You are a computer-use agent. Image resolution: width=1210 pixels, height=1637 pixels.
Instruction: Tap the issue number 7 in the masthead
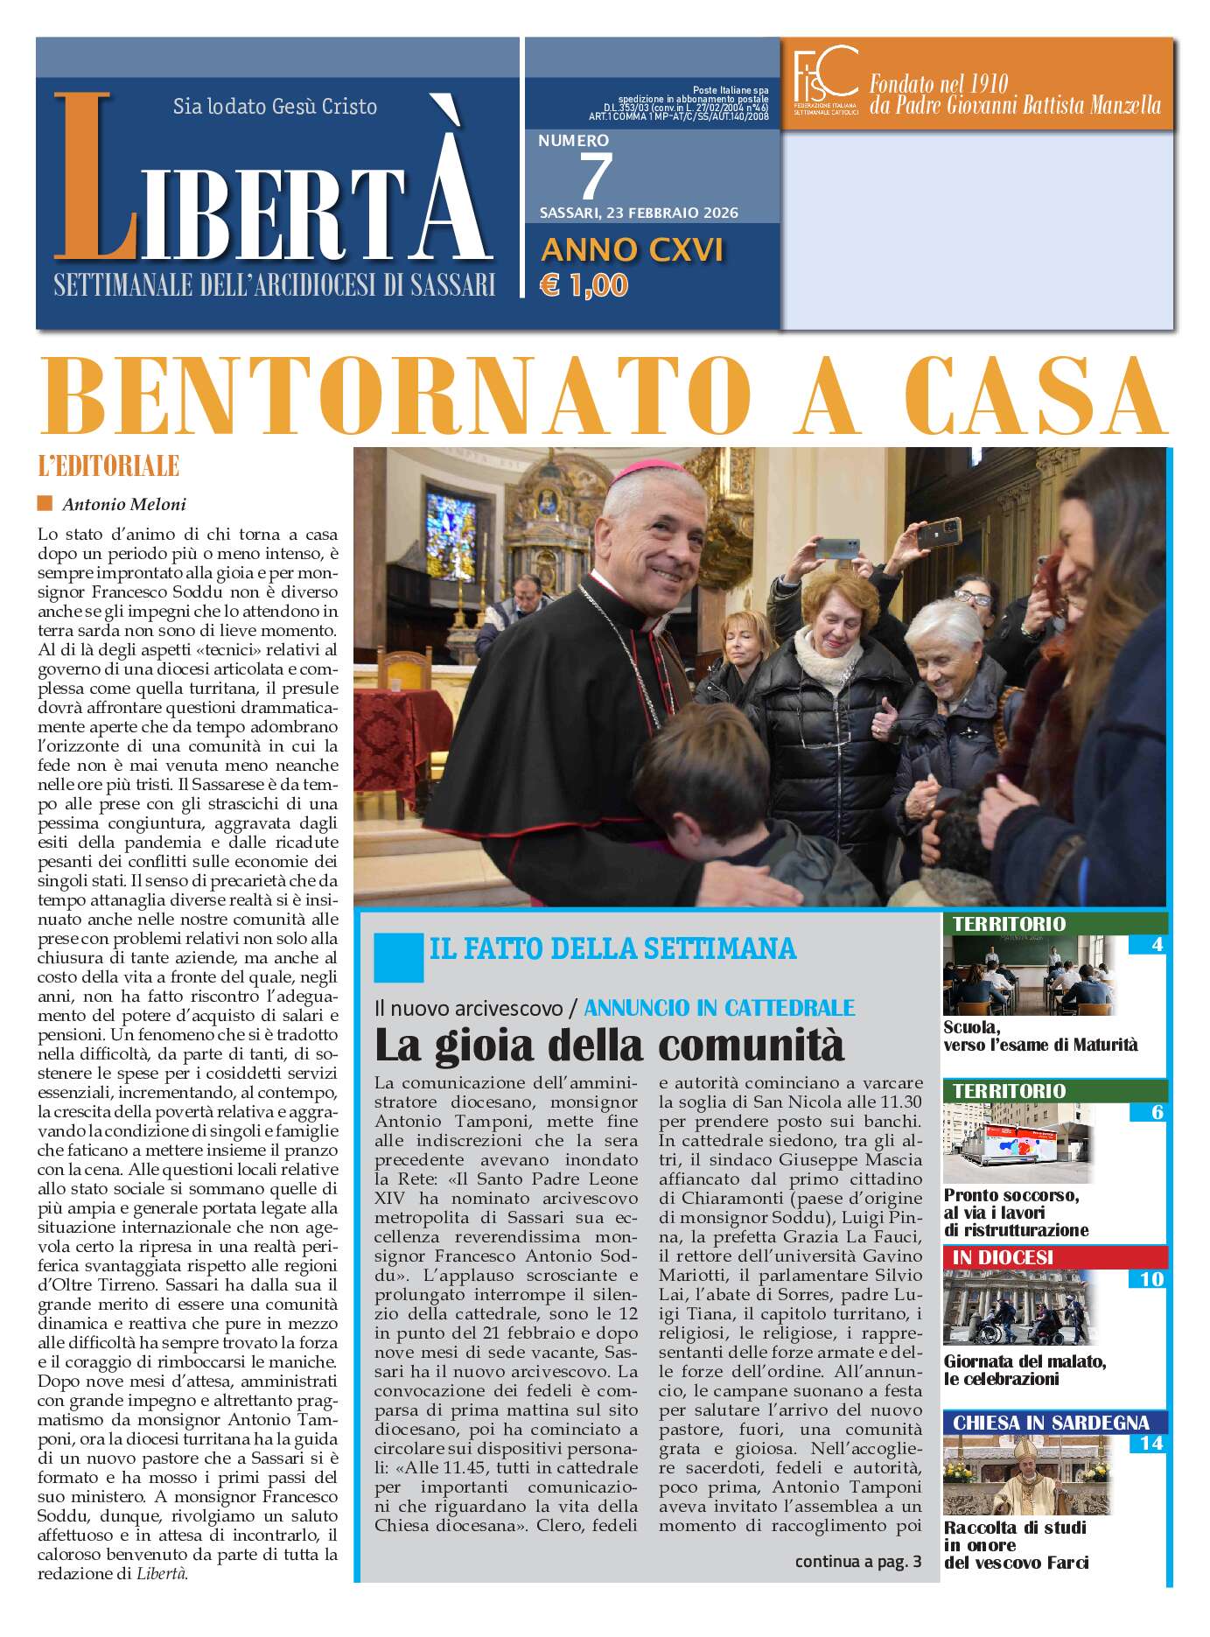tap(595, 176)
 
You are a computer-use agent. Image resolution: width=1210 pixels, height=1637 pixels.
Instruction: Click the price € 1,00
tap(584, 285)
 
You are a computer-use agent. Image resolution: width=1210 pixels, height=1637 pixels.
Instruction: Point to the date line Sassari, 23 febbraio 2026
tap(639, 213)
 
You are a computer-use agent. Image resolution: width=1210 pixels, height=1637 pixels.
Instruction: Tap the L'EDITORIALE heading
tap(108, 465)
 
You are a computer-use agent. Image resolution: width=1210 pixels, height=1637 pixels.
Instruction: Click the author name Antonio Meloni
tap(124, 504)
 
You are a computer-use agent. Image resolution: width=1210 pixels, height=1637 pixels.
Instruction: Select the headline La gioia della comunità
tap(609, 1045)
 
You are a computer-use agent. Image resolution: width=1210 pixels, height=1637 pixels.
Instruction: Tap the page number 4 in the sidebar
tap(1158, 944)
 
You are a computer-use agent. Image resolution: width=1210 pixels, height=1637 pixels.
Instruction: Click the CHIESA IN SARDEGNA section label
tap(1050, 1422)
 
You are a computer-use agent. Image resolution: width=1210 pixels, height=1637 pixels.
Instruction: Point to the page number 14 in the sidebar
tap(1151, 1443)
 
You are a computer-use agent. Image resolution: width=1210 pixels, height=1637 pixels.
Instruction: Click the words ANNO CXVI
tap(632, 250)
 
